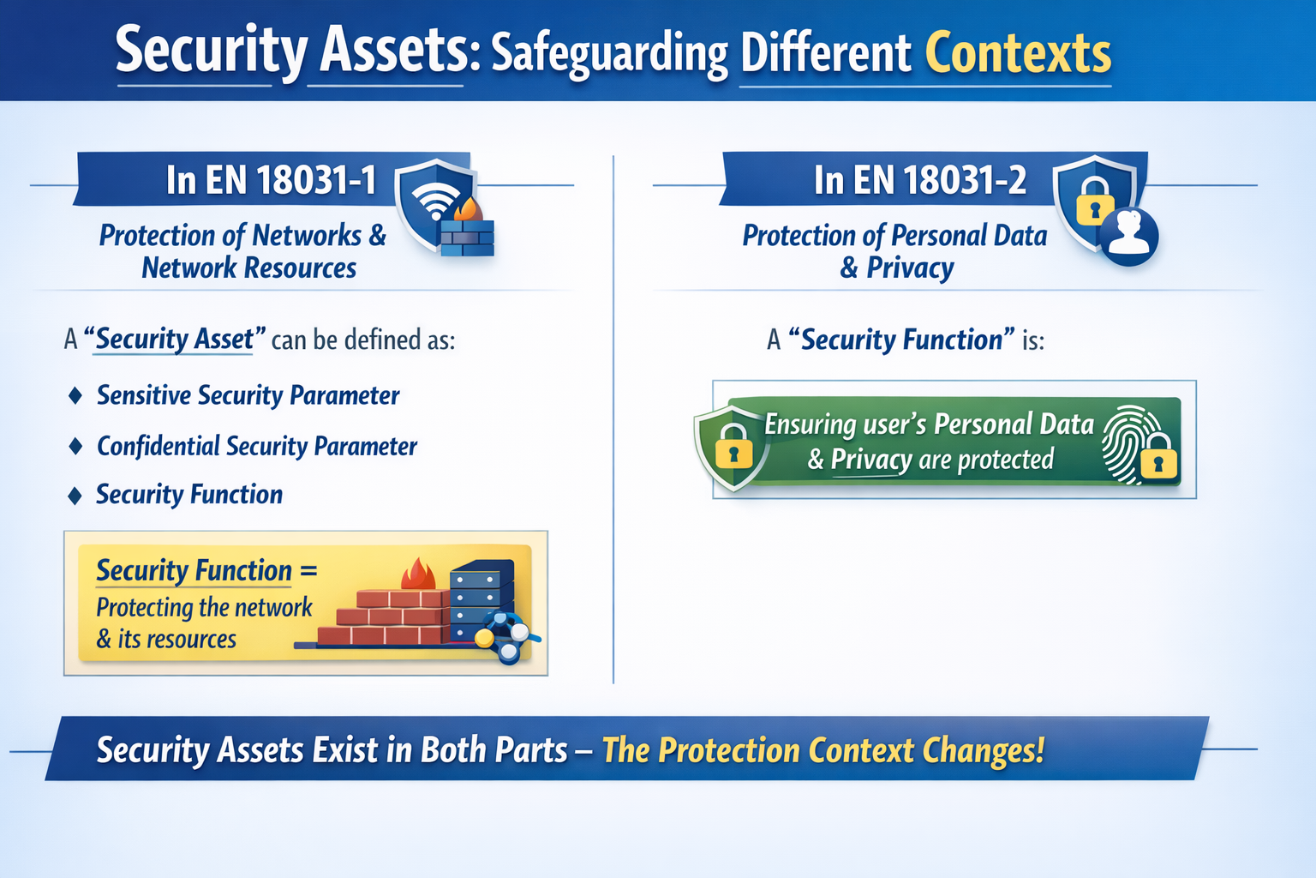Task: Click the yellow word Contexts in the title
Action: point(1018,53)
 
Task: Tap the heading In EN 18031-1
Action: point(271,180)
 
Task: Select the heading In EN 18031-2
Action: point(919,180)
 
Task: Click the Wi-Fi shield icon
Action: point(434,202)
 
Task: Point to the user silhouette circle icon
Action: point(1128,236)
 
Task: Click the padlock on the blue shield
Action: point(1094,201)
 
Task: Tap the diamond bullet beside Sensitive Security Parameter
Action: point(75,395)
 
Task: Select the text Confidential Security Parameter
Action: point(256,446)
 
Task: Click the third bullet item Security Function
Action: point(188,495)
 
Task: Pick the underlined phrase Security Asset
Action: point(175,340)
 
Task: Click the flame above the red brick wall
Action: point(418,574)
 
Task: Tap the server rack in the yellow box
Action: point(480,600)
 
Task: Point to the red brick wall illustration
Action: point(386,617)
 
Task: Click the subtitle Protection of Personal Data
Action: point(894,236)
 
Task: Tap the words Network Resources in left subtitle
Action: point(248,268)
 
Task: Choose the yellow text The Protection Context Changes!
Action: point(822,750)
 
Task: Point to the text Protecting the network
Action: point(204,607)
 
